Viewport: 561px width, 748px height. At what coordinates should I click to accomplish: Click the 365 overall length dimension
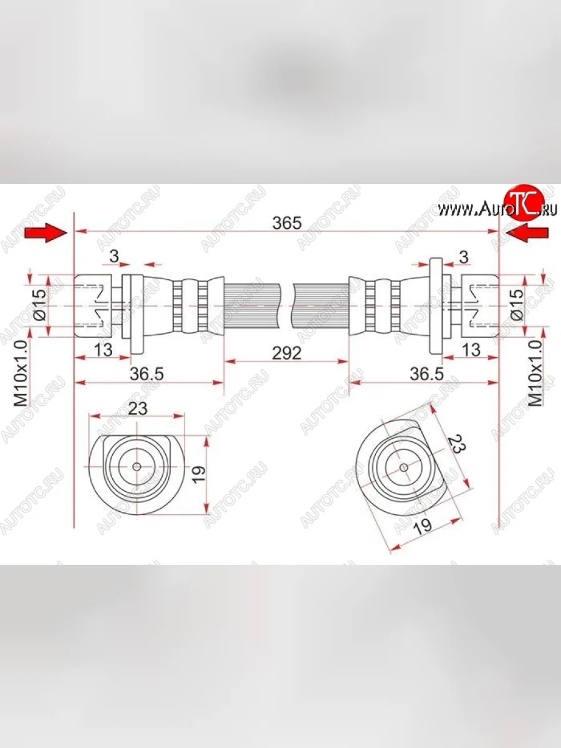coord(287,223)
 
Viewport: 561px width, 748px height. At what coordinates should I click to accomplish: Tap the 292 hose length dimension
coord(287,353)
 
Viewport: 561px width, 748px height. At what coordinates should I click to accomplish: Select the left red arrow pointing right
coord(46,233)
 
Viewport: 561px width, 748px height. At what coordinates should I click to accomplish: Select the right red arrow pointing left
coord(527,233)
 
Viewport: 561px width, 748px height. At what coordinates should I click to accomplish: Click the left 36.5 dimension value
coord(147,374)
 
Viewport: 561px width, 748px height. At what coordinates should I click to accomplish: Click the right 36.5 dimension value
coord(427,374)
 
